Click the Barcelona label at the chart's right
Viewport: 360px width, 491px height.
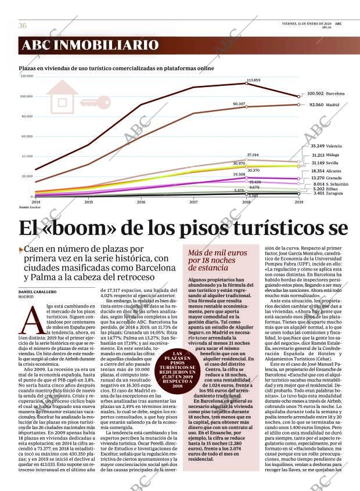tap(335, 93)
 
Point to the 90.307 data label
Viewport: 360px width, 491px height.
tap(239, 103)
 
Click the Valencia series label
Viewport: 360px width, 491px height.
tap(334, 146)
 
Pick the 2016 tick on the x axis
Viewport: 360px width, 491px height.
tap(141, 202)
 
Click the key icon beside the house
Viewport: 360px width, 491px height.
tap(95, 104)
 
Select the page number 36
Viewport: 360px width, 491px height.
tap(22, 26)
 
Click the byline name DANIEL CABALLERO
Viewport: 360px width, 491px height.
tap(38, 291)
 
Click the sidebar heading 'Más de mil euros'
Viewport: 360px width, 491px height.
tap(214, 253)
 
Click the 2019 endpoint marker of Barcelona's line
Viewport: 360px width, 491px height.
tap(298, 96)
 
